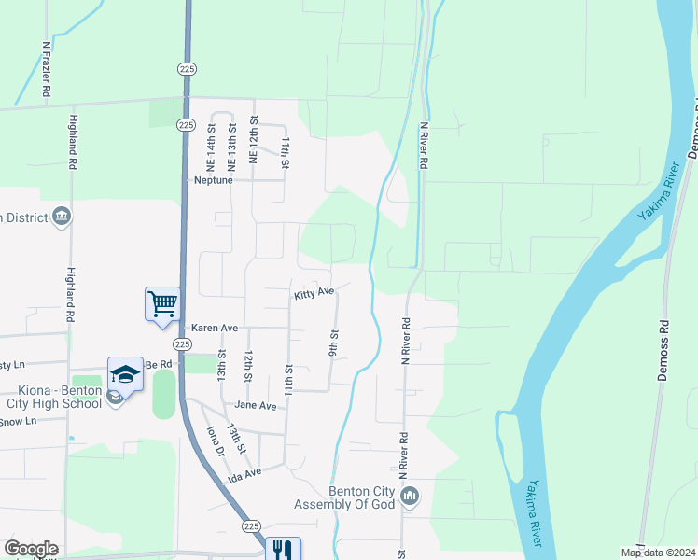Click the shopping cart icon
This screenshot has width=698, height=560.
click(162, 302)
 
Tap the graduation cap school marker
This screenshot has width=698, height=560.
click(124, 372)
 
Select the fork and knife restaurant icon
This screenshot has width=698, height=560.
click(283, 550)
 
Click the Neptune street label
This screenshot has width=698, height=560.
click(212, 180)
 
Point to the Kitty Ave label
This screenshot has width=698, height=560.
click(314, 293)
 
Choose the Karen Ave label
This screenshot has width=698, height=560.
click(215, 329)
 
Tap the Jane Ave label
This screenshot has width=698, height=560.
click(256, 406)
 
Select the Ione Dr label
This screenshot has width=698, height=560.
click(216, 441)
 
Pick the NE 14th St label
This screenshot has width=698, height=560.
click(212, 147)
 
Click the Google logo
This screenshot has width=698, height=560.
click(31, 549)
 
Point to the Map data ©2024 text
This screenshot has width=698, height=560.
click(656, 553)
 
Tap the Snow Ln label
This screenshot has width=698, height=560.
click(18, 422)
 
